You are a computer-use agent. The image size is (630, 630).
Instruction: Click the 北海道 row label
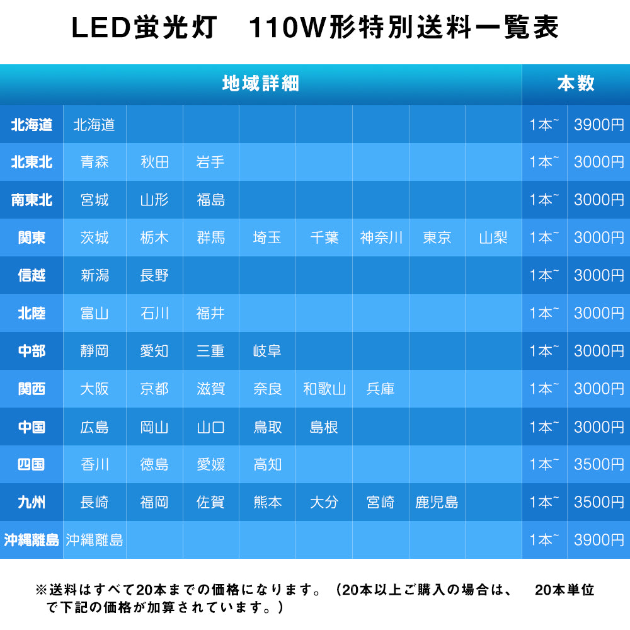point(31,125)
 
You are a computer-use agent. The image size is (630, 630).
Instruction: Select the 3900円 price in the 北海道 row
point(598,125)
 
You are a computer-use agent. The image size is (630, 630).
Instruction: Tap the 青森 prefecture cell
point(94,163)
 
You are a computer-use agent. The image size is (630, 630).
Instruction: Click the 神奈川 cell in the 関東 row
point(381,238)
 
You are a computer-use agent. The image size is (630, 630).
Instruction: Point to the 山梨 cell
point(493,238)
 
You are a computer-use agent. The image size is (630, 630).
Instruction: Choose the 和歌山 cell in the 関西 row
point(324,389)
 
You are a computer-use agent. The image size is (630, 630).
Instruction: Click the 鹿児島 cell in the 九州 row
point(437,503)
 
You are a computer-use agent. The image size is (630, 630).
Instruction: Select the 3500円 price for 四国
point(598,465)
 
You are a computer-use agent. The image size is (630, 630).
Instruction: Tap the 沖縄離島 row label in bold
point(31,541)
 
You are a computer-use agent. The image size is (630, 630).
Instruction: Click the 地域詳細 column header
point(261,84)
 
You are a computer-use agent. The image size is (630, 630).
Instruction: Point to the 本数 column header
point(575,84)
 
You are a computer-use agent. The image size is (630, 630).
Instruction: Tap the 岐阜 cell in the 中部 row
point(267,352)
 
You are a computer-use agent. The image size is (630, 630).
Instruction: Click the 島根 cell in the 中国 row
point(324,427)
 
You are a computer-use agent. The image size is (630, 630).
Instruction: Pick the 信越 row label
point(31,276)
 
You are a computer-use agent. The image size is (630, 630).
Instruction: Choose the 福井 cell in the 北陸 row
point(210,314)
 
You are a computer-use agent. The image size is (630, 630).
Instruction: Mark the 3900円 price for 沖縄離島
point(598,541)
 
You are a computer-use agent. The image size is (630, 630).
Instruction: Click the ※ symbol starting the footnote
point(41,590)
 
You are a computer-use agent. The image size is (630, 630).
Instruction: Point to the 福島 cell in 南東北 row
point(210,200)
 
